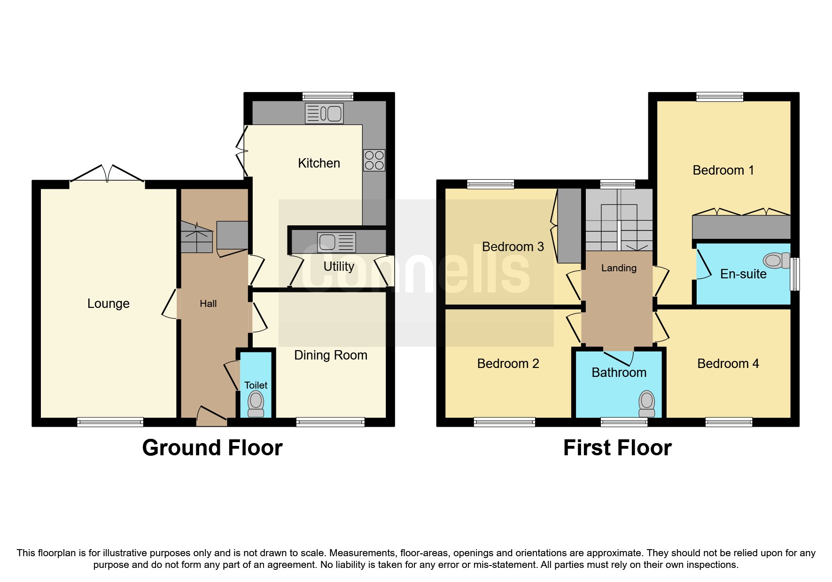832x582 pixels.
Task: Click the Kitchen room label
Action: tap(319, 163)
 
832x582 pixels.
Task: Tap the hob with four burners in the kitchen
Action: tap(374, 160)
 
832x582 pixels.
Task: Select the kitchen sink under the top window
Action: tap(324, 113)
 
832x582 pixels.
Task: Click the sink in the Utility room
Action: tap(336, 242)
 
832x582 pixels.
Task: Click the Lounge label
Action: tap(108, 304)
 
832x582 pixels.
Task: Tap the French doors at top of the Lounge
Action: tap(107, 174)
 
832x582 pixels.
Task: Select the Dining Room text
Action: tap(330, 355)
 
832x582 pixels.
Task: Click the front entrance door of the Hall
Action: tap(211, 417)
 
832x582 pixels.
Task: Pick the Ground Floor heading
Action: tap(212, 448)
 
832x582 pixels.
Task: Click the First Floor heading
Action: tap(617, 448)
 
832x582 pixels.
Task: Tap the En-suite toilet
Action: tap(777, 260)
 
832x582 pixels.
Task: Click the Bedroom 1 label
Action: tap(723, 170)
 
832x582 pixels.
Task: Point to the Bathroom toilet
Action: tap(646, 404)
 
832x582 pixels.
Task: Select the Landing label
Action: tap(619, 268)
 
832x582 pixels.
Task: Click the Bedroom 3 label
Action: tap(513, 247)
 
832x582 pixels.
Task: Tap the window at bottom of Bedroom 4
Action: tap(729, 422)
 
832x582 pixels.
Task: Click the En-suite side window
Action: tap(795, 274)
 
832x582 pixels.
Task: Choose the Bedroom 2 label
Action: tap(508, 364)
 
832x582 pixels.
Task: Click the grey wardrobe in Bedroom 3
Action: tap(569, 225)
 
